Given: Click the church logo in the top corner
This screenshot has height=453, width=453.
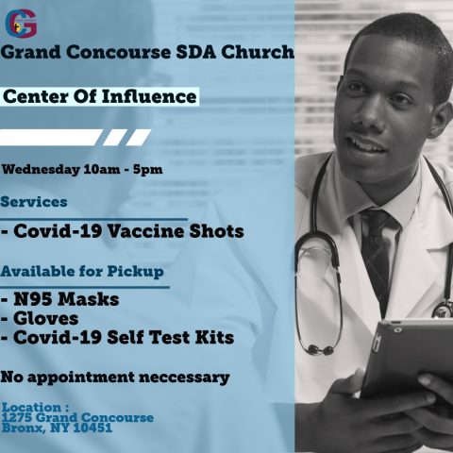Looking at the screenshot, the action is coord(21,24).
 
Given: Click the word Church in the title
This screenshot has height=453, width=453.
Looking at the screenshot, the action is coord(258,52).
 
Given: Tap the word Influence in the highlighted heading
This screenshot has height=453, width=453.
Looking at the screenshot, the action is coord(149,96).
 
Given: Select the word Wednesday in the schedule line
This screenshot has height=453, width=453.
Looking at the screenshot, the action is coord(41,170).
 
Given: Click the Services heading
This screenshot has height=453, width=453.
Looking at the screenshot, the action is coord(34,202).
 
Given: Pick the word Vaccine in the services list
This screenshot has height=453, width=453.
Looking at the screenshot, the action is coord(145,231).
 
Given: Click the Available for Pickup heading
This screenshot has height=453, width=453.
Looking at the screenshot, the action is coord(82,272).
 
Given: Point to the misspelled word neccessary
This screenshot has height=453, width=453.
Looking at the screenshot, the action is coord(184,377).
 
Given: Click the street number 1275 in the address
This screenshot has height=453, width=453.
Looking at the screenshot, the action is coord(17,418).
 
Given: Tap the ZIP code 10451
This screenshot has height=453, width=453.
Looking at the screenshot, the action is coord(92,428).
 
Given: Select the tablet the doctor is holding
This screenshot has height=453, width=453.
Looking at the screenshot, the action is coord(409,357).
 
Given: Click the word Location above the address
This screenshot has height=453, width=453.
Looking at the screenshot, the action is coord(32,408).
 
